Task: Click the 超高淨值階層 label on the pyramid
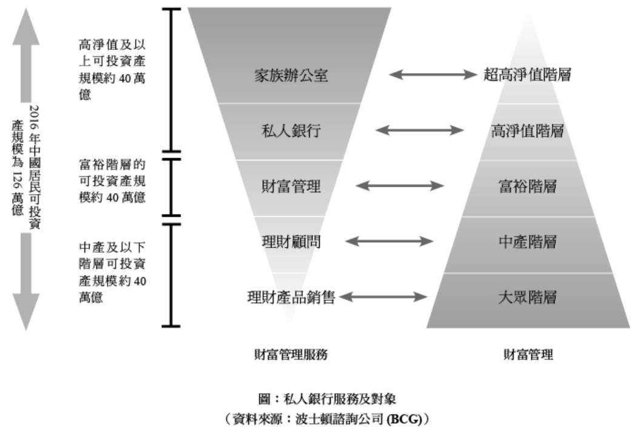coord(528,75)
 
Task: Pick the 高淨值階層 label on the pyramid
coord(528,130)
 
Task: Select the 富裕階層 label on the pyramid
coord(528,186)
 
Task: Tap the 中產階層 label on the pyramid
coord(528,242)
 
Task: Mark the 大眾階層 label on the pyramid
coord(528,298)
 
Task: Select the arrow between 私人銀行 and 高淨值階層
coord(420,130)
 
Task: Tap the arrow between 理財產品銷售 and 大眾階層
coord(382,297)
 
